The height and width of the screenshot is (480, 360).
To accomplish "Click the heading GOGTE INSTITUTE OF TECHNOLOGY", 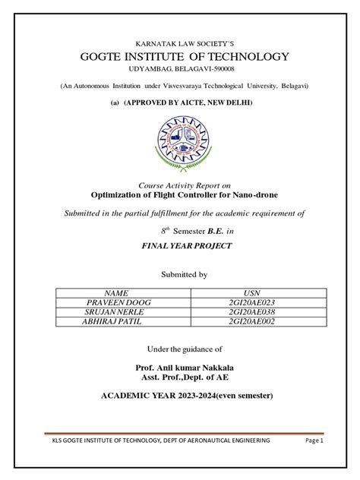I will pos(180,56).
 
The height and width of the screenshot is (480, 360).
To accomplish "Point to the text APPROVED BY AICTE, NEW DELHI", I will pos(187,102).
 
